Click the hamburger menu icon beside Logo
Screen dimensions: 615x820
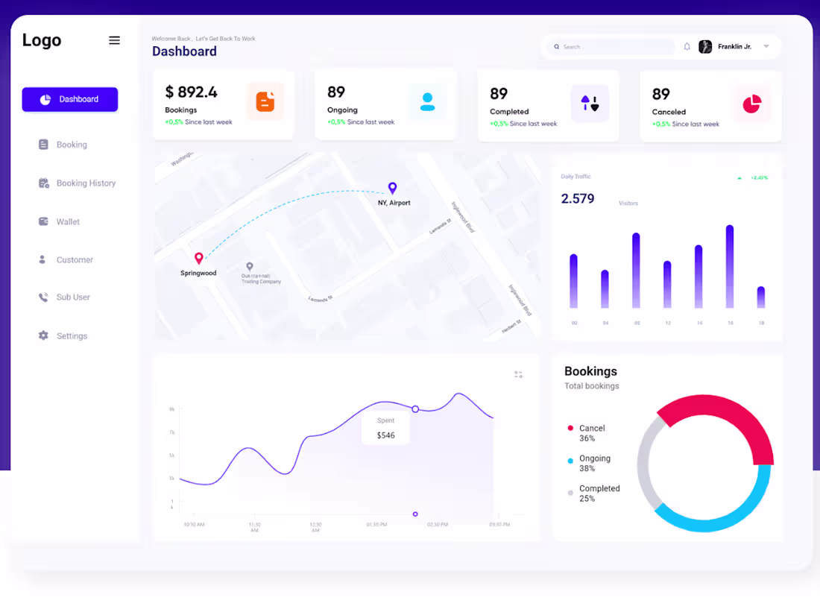click(x=114, y=40)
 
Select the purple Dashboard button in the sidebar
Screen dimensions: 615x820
click(x=70, y=99)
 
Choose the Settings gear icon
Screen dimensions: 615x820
click(x=43, y=336)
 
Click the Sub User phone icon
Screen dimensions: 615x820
click(x=43, y=297)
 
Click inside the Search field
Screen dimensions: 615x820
click(x=611, y=47)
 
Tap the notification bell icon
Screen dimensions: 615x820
click(x=687, y=47)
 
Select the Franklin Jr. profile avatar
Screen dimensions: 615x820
click(x=705, y=47)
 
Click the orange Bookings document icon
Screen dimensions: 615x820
click(x=265, y=101)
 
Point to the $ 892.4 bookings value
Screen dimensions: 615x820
click(x=191, y=92)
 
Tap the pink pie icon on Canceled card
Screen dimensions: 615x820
click(x=751, y=104)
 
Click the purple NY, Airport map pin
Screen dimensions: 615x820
click(x=392, y=188)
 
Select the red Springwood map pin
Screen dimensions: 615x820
click(x=199, y=258)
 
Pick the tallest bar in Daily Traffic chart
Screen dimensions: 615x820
click(x=730, y=266)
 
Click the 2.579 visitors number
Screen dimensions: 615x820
click(x=578, y=198)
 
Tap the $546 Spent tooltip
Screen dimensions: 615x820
click(x=385, y=429)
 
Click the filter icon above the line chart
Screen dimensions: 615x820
click(x=518, y=374)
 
